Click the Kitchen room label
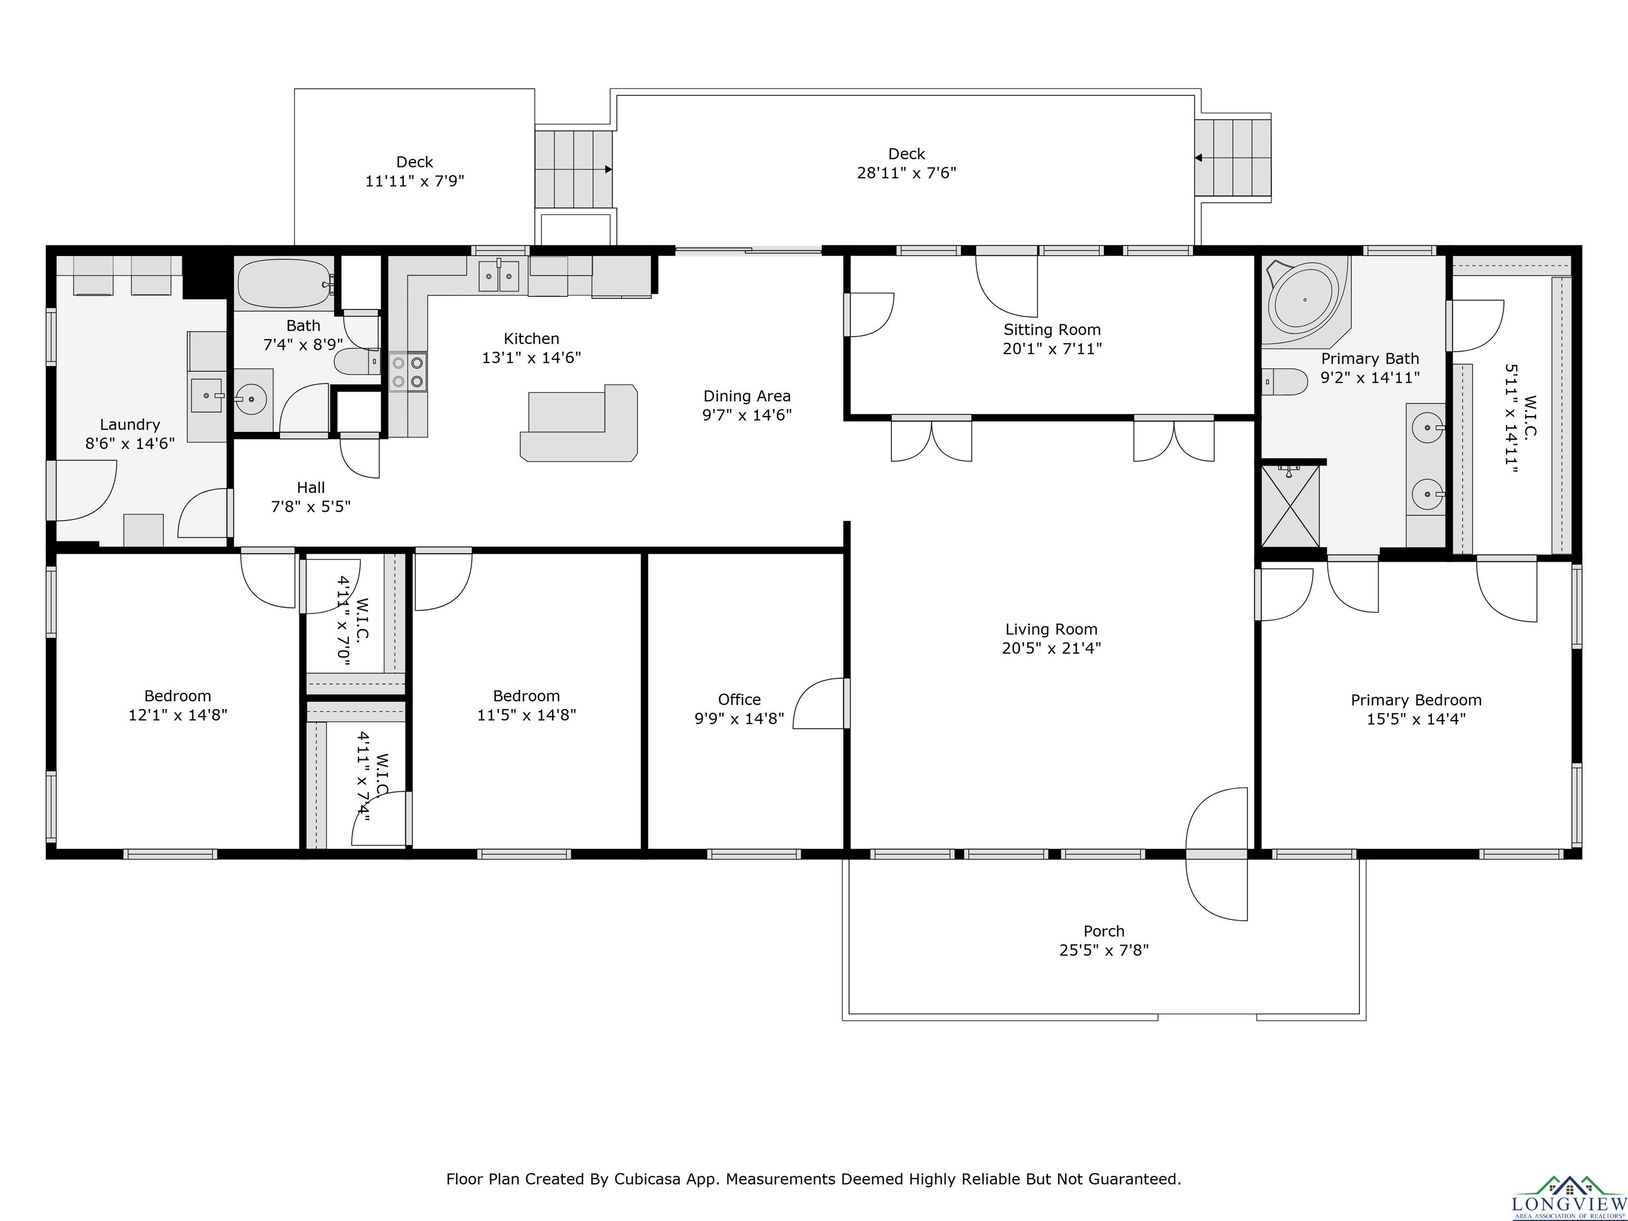[532, 339]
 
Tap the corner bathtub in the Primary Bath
[1306, 300]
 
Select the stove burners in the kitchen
[408, 371]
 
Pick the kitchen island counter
[579, 423]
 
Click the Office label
[739, 699]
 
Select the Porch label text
[1104, 931]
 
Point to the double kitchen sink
[499, 276]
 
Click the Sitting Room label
[1052, 330]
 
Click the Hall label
[311, 487]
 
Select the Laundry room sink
[207, 395]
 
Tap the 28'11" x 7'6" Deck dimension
[906, 173]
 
